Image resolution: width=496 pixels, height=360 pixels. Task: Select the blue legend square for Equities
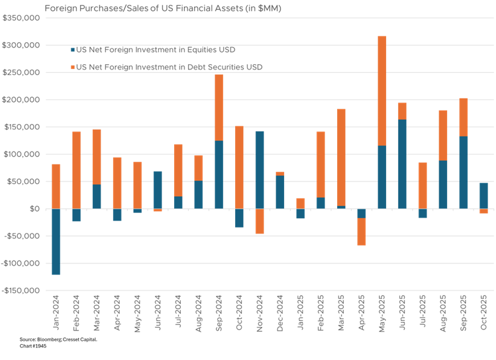(x=73, y=50)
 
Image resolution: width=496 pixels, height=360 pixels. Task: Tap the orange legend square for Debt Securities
(x=73, y=67)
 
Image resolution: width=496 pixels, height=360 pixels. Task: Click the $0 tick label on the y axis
(x=32, y=209)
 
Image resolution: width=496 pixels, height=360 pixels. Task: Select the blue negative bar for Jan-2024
(x=56, y=241)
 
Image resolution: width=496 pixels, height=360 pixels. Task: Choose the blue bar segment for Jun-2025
(x=402, y=164)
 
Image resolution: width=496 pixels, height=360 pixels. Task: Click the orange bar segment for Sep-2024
(x=219, y=107)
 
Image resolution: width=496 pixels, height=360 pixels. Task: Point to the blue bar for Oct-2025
(x=484, y=195)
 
